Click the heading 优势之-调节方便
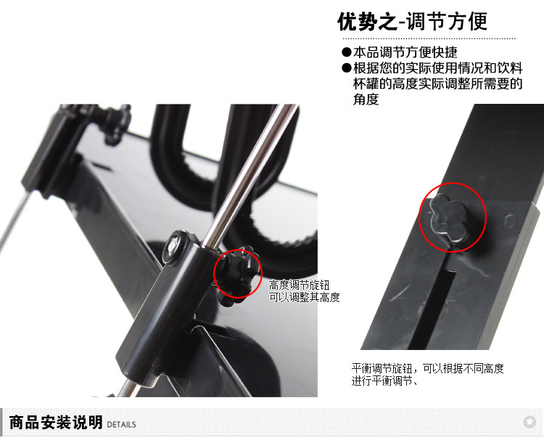[x=413, y=22]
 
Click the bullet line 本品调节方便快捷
[x=405, y=52]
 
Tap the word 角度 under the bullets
[x=366, y=99]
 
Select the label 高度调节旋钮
[x=299, y=285]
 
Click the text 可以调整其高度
[x=304, y=298]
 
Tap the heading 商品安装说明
[x=56, y=423]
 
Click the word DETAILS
[x=121, y=425]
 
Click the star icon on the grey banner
[x=529, y=422]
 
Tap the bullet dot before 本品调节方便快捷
[x=346, y=52]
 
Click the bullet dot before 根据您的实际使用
[x=346, y=68]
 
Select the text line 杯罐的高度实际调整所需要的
[x=438, y=84]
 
